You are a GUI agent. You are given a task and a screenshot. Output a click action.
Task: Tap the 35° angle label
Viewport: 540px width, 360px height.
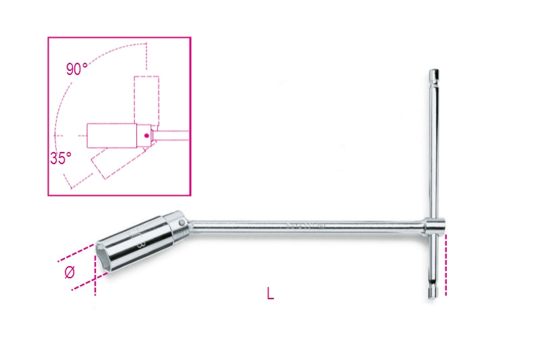pos(60,159)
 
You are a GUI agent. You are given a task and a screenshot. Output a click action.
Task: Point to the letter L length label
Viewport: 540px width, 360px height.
pos(270,294)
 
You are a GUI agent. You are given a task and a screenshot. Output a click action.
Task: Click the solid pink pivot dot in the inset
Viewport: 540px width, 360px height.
pos(144,136)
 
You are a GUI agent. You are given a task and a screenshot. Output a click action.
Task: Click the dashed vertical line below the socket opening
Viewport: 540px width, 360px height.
pos(95,284)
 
